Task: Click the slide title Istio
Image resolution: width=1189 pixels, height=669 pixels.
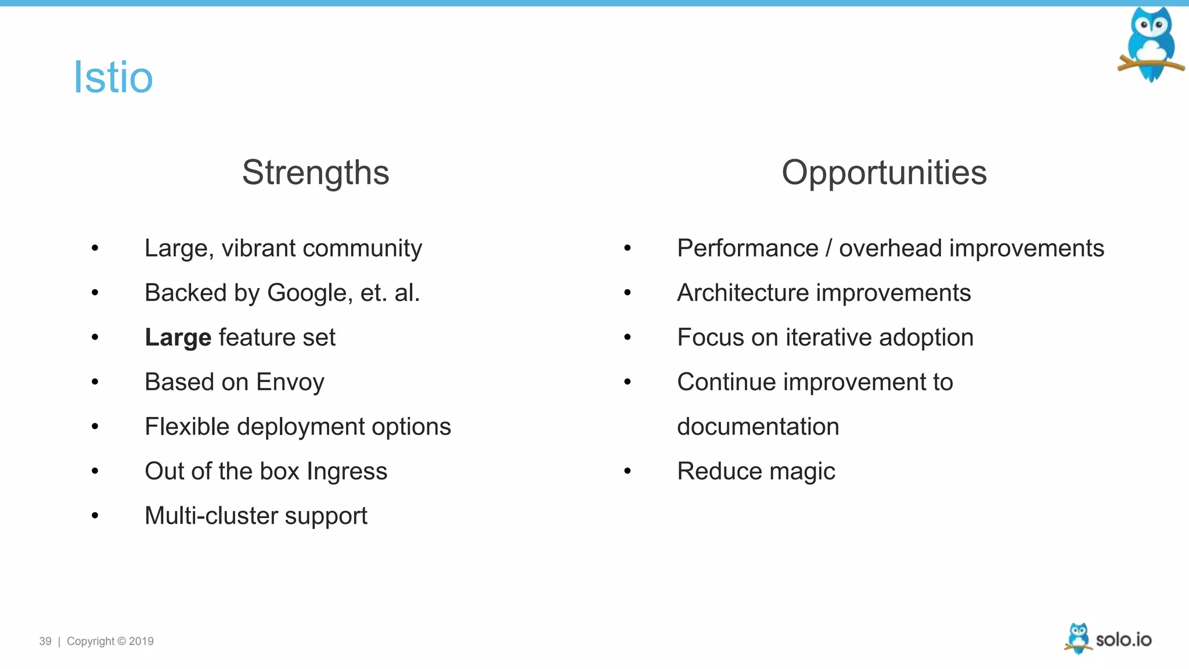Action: click(x=113, y=77)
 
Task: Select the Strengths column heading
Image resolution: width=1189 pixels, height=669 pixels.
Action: click(x=315, y=172)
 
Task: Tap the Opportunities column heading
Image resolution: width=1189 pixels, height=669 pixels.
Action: click(x=884, y=172)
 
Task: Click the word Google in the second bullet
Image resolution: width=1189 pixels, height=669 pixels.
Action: click(x=309, y=293)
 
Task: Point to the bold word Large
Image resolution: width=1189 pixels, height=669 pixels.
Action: click(x=178, y=337)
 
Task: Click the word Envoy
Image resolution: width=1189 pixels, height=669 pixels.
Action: click(x=290, y=382)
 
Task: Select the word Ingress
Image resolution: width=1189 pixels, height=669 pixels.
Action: click(x=347, y=471)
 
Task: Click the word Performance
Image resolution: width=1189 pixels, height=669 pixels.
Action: click(x=747, y=249)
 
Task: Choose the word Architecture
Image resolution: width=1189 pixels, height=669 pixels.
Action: click(x=743, y=293)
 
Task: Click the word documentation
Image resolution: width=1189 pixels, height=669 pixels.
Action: click(x=758, y=427)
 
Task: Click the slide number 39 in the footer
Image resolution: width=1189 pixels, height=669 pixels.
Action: click(x=45, y=641)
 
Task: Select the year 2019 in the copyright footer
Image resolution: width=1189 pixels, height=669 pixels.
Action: click(x=141, y=641)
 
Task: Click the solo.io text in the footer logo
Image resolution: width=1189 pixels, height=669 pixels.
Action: click(x=1123, y=639)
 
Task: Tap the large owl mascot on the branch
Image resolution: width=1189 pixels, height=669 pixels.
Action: click(x=1151, y=44)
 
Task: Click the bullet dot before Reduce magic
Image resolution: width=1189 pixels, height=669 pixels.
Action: click(x=627, y=471)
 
